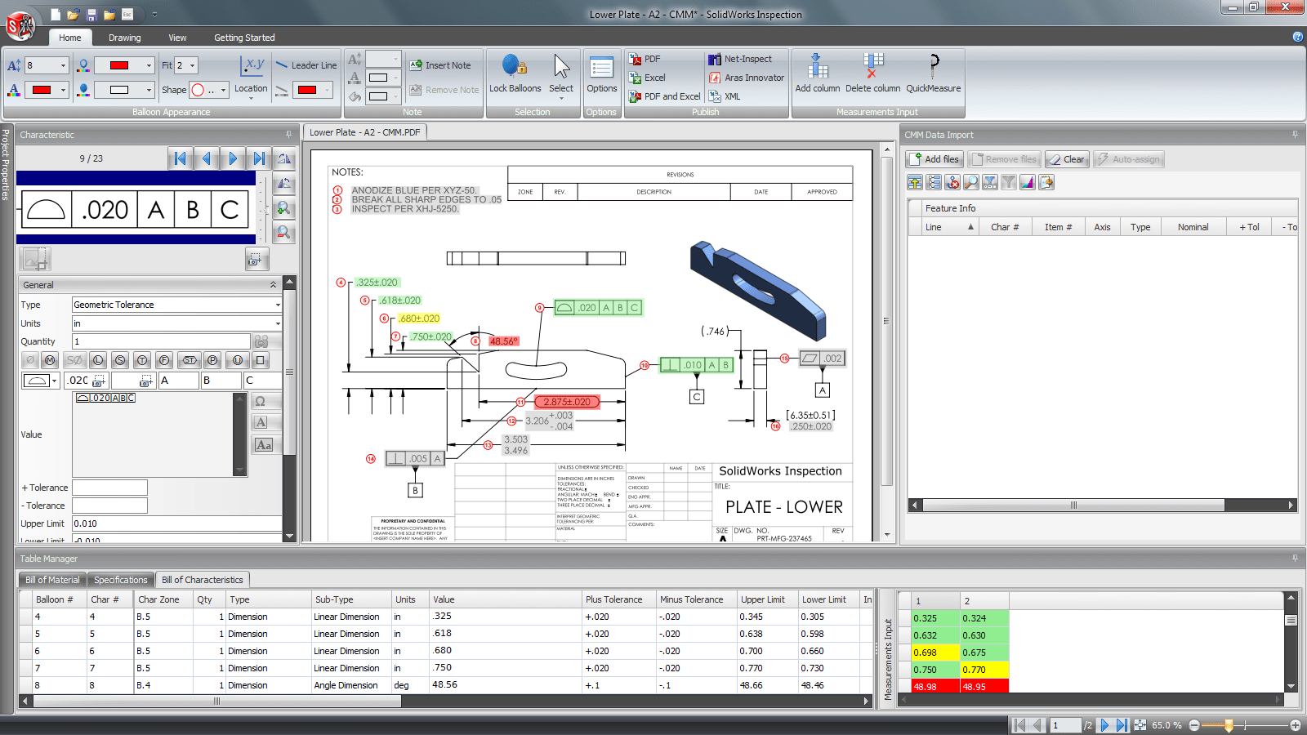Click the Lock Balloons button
(515, 74)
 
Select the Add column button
(817, 74)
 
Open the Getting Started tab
(244, 38)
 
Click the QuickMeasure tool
(933, 74)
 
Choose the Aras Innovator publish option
(747, 78)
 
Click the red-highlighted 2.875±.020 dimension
(567, 402)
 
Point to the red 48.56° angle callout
(503, 341)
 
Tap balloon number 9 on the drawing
(539, 308)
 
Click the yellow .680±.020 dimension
(420, 318)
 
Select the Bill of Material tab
(52, 580)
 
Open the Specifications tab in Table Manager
(120, 580)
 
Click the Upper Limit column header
(761, 599)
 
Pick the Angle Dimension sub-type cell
(346, 685)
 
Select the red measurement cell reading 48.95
(984, 687)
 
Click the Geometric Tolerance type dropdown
(176, 305)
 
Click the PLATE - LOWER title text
(783, 507)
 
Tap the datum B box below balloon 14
(415, 491)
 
